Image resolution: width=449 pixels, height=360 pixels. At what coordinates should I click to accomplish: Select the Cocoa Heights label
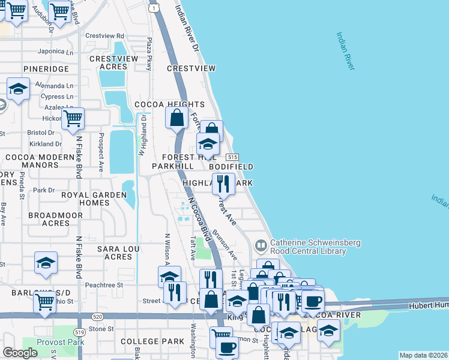pos(161,104)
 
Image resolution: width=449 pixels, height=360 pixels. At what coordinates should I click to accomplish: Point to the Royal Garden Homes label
pos(86,199)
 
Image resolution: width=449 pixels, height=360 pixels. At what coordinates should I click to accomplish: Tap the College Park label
pos(152,341)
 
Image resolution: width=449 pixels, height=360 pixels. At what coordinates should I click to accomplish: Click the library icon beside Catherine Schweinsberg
pos(261,245)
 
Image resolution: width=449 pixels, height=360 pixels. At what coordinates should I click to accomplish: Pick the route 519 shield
pos(79,331)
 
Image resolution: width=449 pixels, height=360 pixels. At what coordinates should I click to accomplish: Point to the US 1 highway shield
pos(155,8)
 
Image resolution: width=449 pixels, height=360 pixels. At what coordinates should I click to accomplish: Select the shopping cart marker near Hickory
pos(73,118)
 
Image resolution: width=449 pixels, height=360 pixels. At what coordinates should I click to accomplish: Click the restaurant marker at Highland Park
pos(223,183)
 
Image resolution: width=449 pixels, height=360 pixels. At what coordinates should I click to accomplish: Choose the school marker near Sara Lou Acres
pos(46,263)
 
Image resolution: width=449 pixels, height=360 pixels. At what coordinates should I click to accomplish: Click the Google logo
pos(20,353)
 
